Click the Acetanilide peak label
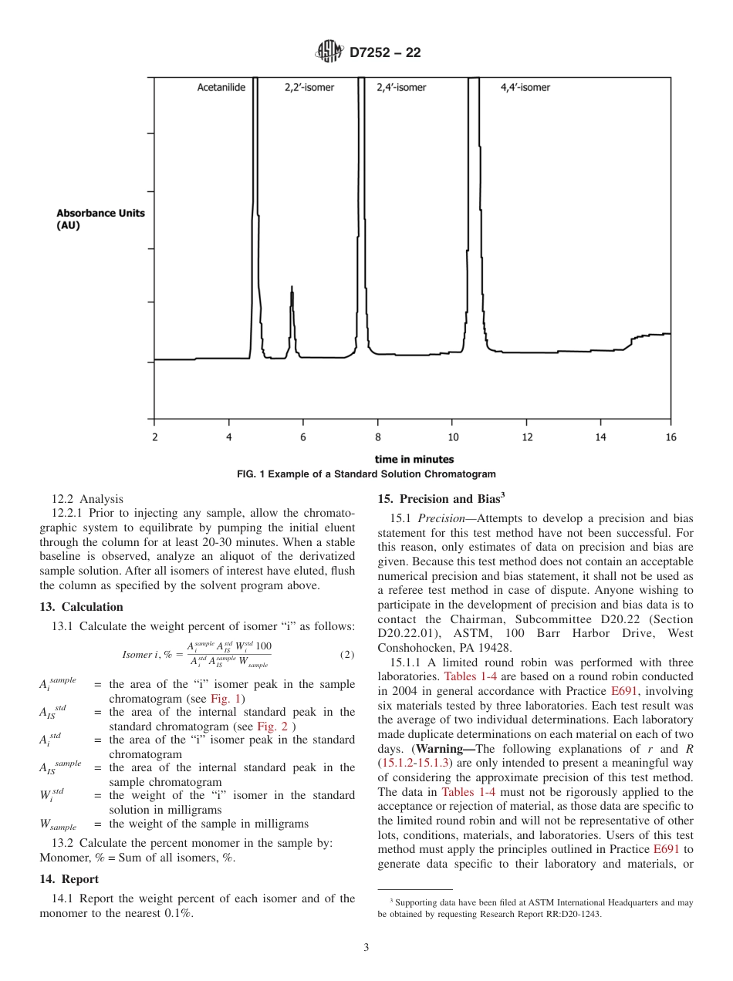tap(221, 88)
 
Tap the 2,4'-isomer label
tap(401, 88)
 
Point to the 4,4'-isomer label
tap(525, 88)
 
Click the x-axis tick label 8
tap(378, 437)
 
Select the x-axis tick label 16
tap(671, 437)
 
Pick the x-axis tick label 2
tap(154, 437)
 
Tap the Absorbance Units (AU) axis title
tap(100, 219)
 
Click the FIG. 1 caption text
tap(366, 474)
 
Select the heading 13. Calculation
tap(82, 607)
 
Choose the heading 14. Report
tap(69, 878)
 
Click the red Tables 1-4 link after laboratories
tap(464, 676)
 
